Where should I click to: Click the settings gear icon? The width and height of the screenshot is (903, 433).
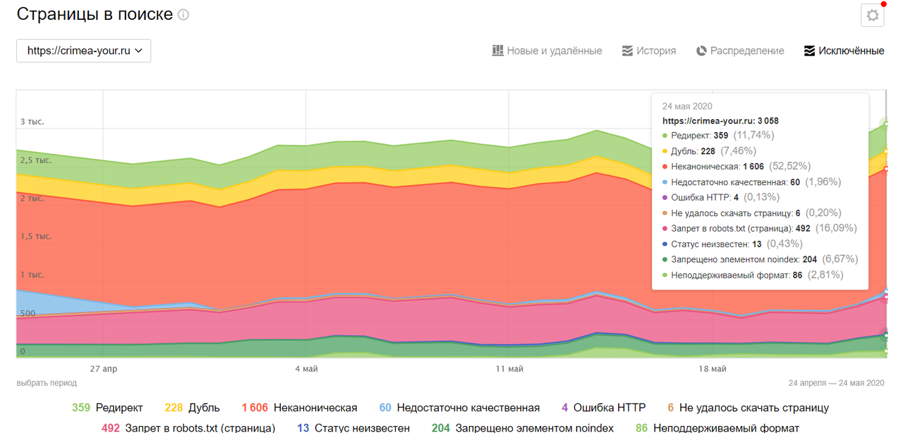[x=873, y=16]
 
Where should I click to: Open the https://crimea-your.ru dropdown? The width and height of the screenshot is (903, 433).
[x=84, y=51]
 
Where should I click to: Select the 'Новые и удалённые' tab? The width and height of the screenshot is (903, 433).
[x=547, y=51]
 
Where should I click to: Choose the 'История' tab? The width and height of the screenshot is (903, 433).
[x=649, y=51]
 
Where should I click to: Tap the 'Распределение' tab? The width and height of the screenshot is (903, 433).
[x=740, y=51]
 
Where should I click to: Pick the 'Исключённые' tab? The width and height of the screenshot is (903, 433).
[x=844, y=51]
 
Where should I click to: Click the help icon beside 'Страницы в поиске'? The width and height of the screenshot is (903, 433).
[x=183, y=15]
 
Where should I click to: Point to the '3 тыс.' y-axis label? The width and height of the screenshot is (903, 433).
[x=32, y=121]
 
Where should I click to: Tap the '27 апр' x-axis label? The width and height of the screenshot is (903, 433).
[x=104, y=369]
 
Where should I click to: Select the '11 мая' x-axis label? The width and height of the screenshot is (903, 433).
[x=509, y=369]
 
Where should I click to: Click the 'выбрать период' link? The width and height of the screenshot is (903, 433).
[x=47, y=383]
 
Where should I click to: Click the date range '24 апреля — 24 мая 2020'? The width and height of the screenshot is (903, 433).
[x=836, y=383]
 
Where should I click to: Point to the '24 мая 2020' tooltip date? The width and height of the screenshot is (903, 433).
[x=687, y=106]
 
